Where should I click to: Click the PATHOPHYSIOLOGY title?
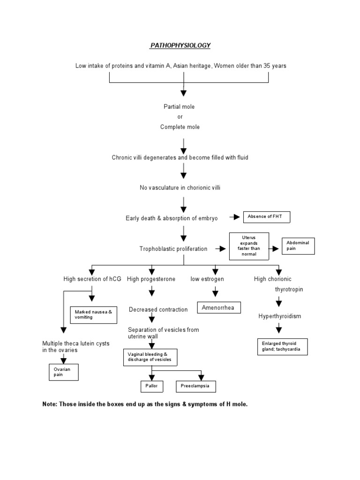(x=180, y=45)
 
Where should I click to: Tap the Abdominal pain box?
(x=298, y=246)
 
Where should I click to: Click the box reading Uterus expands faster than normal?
(x=249, y=246)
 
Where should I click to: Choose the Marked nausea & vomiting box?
(x=92, y=314)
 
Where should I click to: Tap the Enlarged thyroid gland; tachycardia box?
(x=282, y=346)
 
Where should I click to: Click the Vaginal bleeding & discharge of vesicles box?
(x=150, y=357)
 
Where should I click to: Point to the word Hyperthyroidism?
(x=280, y=316)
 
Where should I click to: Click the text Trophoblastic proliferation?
(x=173, y=249)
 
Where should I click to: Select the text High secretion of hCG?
(x=92, y=279)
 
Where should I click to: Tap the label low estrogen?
(x=207, y=279)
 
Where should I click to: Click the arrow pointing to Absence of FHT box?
(x=234, y=217)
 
